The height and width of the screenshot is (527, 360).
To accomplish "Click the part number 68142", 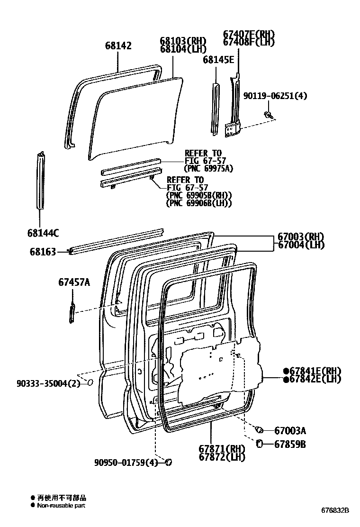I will click(118, 46).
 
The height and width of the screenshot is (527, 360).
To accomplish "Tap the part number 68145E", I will click(218, 60).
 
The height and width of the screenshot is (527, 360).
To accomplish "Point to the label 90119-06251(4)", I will click(275, 96).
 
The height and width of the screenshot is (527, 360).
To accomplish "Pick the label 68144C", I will click(43, 233).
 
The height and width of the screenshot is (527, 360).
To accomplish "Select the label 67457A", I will click(74, 283).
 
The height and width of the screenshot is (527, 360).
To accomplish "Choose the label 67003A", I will click(290, 431).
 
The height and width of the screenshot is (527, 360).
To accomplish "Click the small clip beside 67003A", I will click(259, 430).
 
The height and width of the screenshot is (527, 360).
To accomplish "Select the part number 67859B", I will click(290, 445).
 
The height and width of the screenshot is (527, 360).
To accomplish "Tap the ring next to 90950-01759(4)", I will click(168, 462).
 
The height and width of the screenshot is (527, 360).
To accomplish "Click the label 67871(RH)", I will click(225, 449).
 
